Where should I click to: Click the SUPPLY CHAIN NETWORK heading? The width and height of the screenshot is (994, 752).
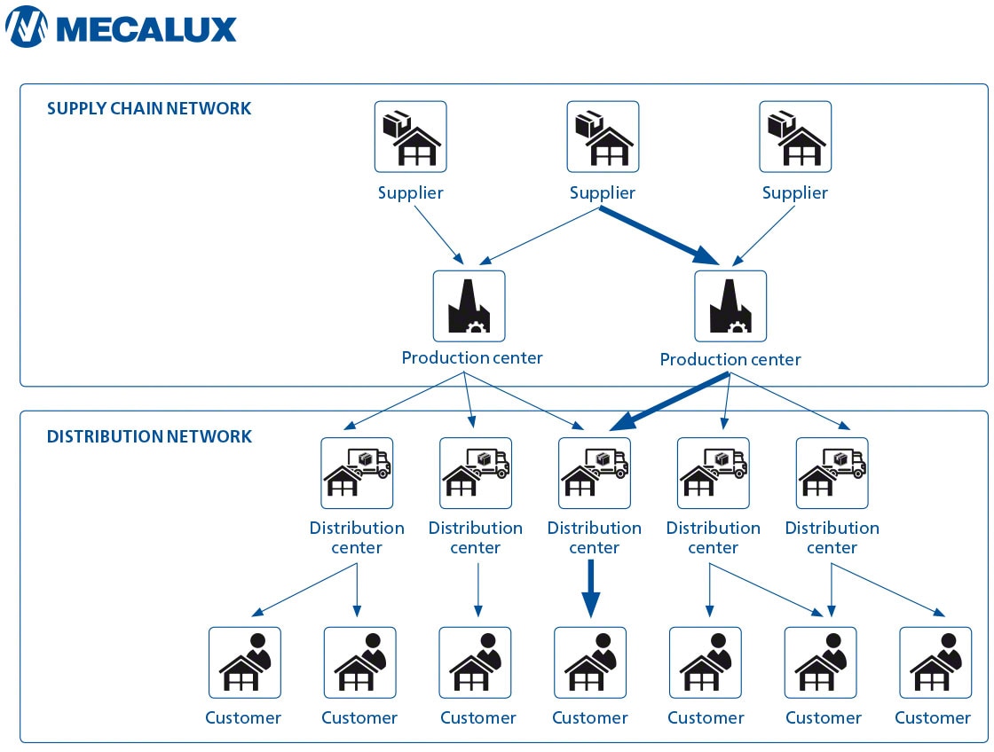pyautogui.click(x=149, y=109)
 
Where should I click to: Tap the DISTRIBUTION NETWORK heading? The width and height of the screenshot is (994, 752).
pyautogui.click(x=149, y=436)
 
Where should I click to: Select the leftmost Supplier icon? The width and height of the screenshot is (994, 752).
pyautogui.click(x=410, y=137)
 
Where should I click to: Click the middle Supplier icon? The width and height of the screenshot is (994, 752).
pyautogui.click(x=603, y=137)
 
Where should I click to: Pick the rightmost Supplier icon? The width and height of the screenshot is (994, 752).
pyautogui.click(x=795, y=137)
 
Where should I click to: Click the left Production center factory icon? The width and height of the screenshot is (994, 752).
pyautogui.click(x=469, y=306)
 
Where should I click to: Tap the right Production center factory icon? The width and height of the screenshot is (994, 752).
pyautogui.click(x=730, y=306)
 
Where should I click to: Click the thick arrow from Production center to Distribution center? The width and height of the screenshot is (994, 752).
pyautogui.click(x=670, y=403)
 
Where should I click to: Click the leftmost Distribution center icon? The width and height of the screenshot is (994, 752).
pyautogui.click(x=357, y=473)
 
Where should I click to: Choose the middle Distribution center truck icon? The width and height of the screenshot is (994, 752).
pyautogui.click(x=595, y=473)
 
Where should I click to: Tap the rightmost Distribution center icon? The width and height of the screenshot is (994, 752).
pyautogui.click(x=832, y=473)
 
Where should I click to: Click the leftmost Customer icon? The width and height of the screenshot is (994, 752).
pyautogui.click(x=244, y=662)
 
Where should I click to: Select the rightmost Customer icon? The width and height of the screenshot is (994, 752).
pyautogui.click(x=935, y=662)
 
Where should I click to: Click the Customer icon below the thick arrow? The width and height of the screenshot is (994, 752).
pyautogui.click(x=590, y=662)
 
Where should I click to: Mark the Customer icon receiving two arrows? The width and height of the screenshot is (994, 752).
pyautogui.click(x=820, y=662)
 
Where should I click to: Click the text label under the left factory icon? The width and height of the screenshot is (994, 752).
pyautogui.click(x=471, y=358)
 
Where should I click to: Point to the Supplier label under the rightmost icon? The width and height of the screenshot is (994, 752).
pyautogui.click(x=795, y=193)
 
